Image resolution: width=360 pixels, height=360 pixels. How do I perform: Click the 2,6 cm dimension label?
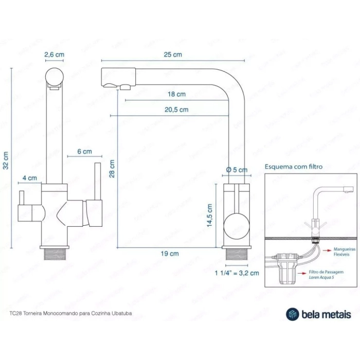54,55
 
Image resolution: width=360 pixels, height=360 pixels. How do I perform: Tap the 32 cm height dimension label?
6,160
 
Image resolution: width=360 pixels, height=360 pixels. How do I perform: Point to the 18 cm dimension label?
177,94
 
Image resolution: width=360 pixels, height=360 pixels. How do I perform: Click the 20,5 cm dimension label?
177,110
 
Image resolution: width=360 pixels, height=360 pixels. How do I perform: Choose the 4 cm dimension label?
29,178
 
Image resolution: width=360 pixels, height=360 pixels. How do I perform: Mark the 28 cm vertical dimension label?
112,168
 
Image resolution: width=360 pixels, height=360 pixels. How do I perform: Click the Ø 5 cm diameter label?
237,170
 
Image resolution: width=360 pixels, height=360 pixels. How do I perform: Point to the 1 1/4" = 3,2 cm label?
237,273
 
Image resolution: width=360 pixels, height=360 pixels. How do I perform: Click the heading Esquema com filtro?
294,167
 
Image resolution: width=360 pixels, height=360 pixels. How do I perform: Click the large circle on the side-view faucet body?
237,225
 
